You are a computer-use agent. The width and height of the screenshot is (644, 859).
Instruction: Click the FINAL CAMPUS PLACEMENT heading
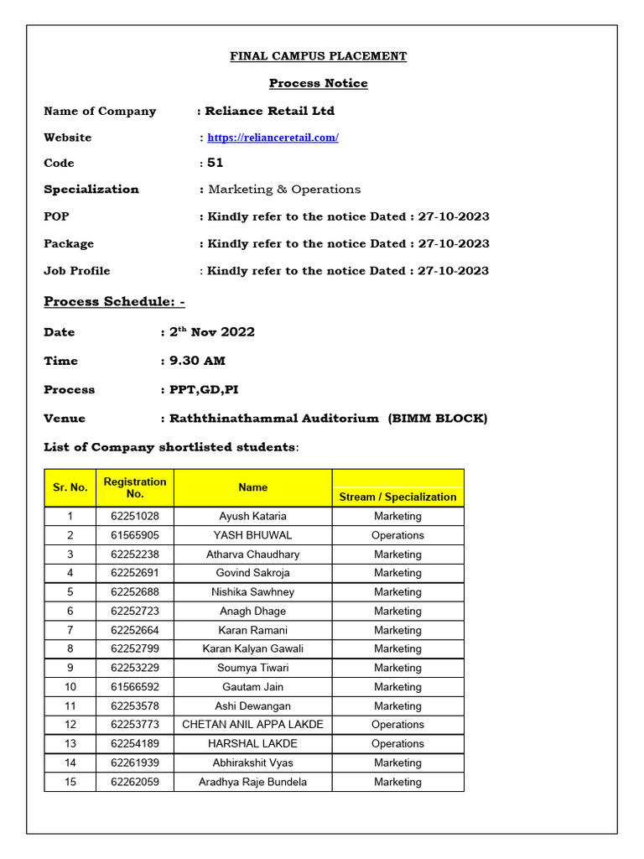click(319, 56)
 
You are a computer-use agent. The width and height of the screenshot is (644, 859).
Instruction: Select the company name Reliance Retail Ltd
click(270, 111)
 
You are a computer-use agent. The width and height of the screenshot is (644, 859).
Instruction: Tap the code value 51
click(216, 163)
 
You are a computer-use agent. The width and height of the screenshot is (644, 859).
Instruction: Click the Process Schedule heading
click(114, 301)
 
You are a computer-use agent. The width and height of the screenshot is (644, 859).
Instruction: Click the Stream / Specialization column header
click(397, 497)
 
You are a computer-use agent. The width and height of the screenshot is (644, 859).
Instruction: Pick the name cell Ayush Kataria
click(252, 516)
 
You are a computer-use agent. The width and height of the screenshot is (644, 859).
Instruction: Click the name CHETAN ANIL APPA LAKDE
click(252, 725)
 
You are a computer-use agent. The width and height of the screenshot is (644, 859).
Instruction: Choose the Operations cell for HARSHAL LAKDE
click(397, 744)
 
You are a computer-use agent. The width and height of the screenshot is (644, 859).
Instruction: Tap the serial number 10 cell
click(70, 687)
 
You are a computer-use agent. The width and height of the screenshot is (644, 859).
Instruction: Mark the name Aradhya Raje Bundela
click(252, 782)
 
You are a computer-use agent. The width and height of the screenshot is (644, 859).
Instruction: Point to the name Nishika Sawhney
click(252, 592)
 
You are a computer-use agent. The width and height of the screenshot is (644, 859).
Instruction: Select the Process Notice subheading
click(318, 83)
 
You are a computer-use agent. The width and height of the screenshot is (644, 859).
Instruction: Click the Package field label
click(69, 243)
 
